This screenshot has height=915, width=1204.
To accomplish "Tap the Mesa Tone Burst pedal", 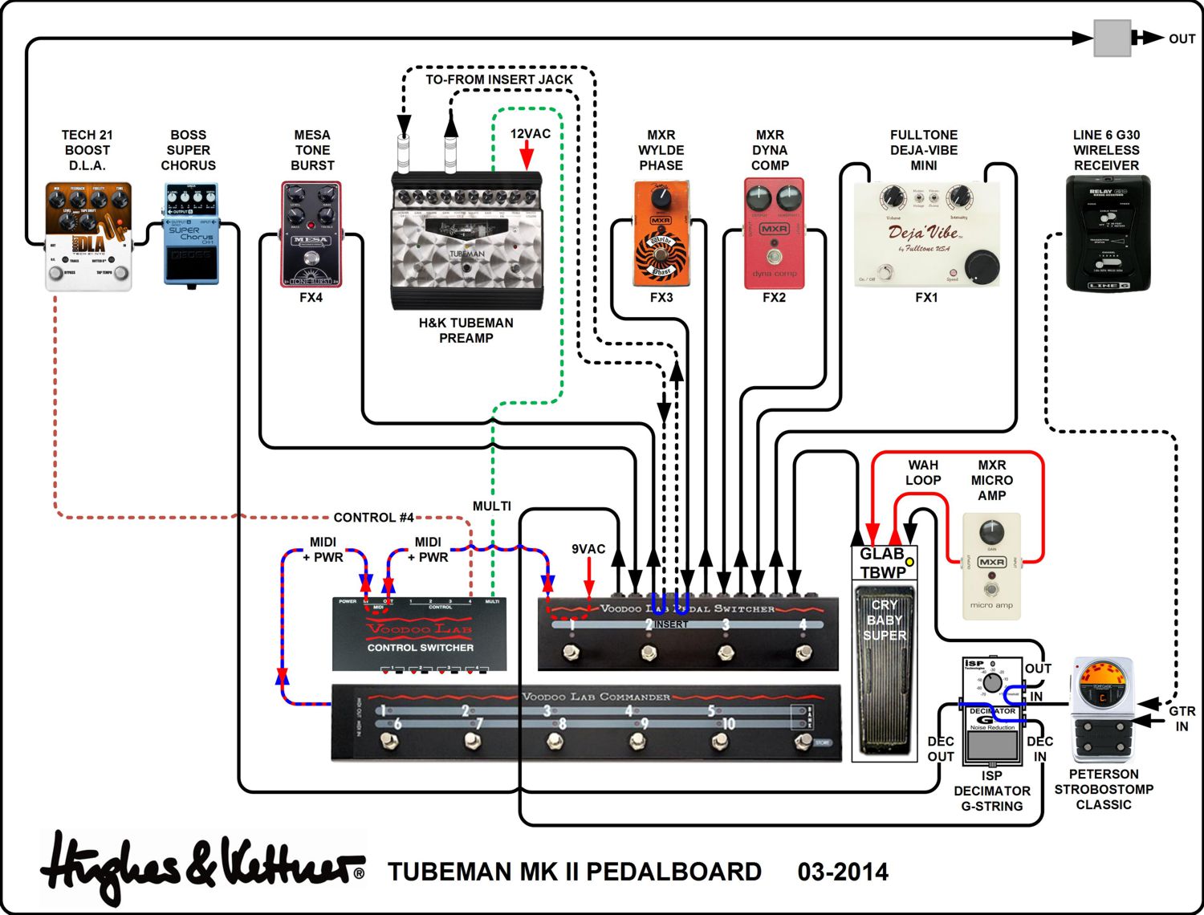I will click(x=311, y=234).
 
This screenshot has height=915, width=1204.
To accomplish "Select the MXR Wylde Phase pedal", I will click(x=661, y=234).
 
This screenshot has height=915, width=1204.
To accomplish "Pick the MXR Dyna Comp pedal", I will click(x=774, y=234).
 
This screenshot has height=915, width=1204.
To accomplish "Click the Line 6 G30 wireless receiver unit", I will click(x=1107, y=233).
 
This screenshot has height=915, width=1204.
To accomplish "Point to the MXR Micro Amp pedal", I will click(x=991, y=566).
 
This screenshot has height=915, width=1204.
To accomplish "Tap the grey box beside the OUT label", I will click(x=1112, y=39).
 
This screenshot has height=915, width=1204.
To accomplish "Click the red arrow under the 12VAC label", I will click(x=527, y=156).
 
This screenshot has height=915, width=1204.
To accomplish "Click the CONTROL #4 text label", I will click(x=373, y=518).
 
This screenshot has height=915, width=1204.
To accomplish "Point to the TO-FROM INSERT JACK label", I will click(x=498, y=79).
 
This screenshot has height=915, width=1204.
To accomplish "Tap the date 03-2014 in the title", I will click(x=843, y=872).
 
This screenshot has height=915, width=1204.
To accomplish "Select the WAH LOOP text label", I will click(x=923, y=473).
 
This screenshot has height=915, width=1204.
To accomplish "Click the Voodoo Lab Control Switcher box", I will click(x=420, y=634).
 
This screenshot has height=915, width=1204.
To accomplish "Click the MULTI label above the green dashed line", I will click(x=491, y=506).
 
